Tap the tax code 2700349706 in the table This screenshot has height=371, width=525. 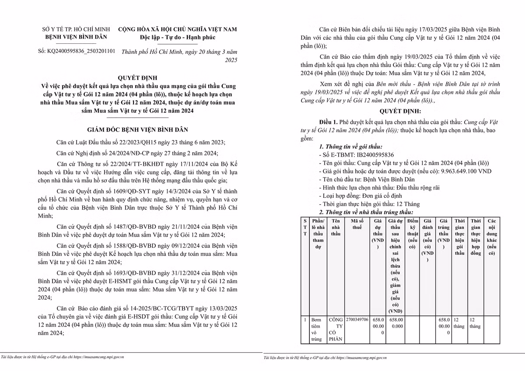357,320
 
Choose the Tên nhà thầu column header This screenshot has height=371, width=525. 336,227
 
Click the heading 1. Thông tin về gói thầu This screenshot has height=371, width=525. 350,147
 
